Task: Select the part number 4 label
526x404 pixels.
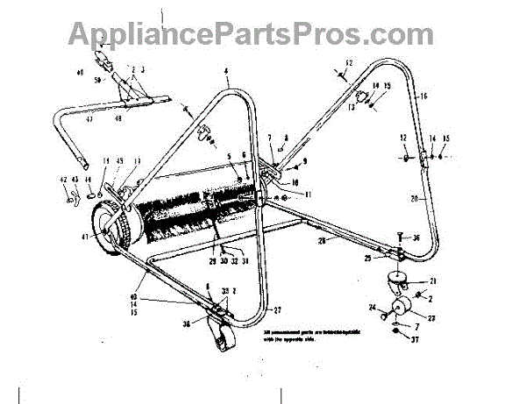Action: click(225, 69)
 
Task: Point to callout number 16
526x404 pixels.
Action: click(423, 95)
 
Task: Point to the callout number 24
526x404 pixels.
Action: click(372, 308)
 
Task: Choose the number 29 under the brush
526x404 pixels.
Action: click(212, 262)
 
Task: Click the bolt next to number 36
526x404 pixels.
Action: click(399, 238)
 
